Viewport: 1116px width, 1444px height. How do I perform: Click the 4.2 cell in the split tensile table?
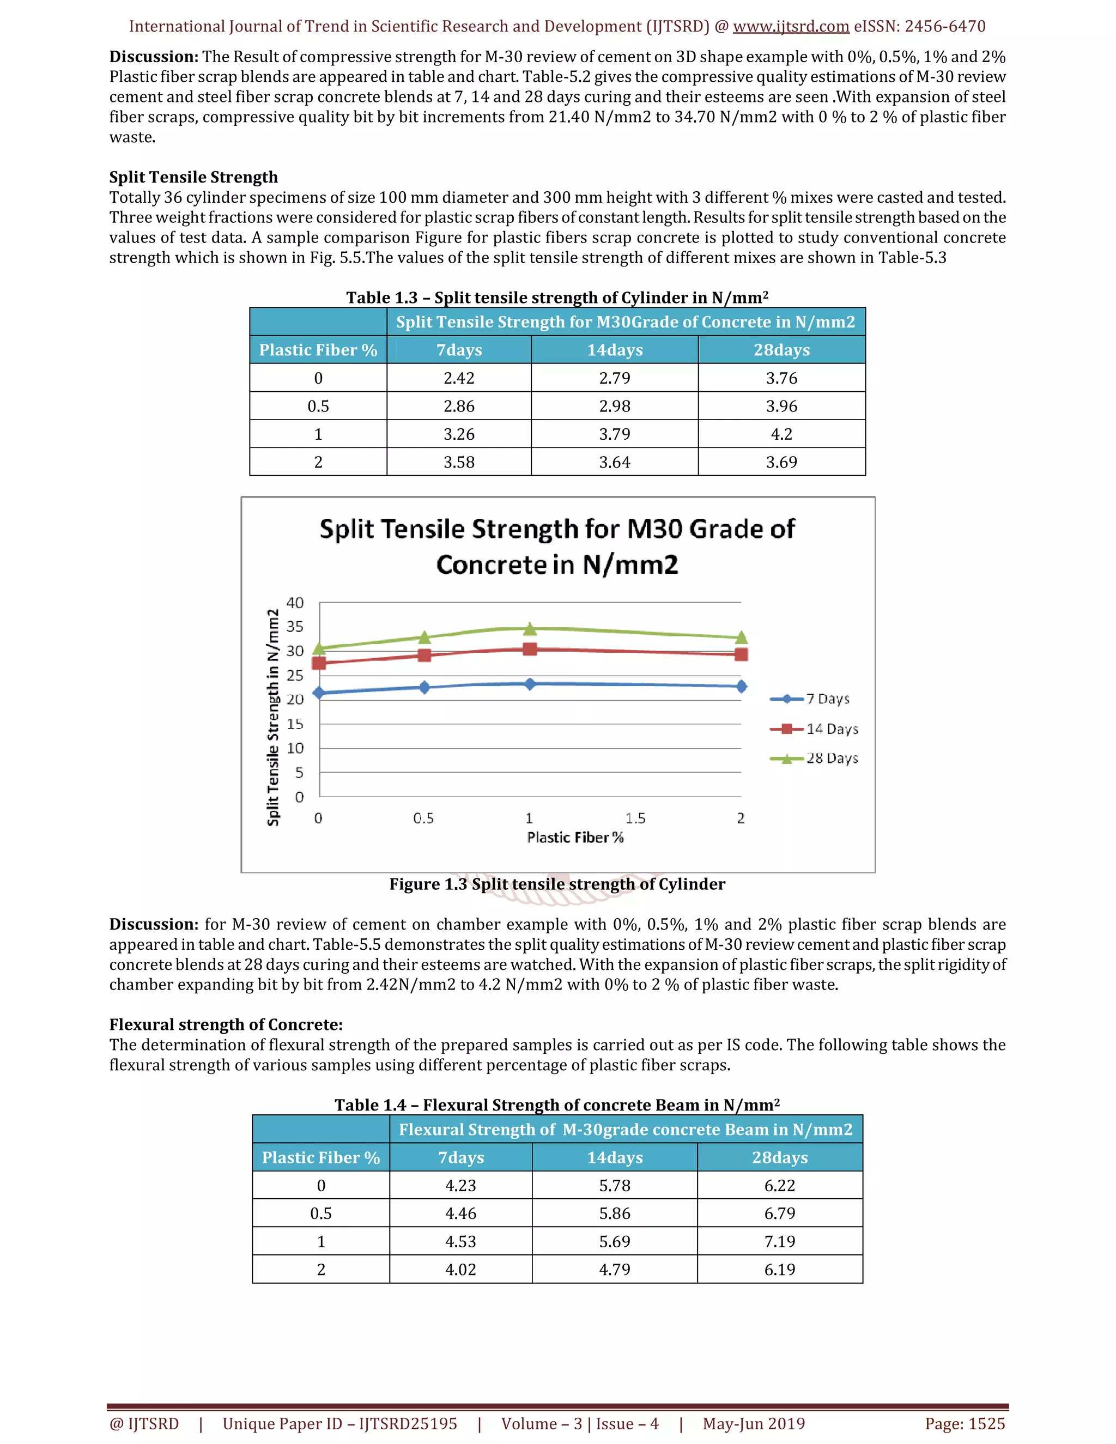[x=781, y=434]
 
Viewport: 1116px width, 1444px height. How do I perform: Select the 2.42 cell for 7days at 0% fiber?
[x=459, y=378]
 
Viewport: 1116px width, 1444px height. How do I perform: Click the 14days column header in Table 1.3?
[x=614, y=350]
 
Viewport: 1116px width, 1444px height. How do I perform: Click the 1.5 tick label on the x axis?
[x=635, y=818]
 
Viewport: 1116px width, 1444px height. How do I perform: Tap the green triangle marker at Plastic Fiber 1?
[x=530, y=628]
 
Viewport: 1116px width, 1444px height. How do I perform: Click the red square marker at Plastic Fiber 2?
[x=741, y=654]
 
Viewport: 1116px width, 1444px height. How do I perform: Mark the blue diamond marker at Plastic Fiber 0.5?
[x=424, y=687]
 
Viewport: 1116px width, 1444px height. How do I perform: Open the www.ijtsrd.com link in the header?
[x=791, y=27]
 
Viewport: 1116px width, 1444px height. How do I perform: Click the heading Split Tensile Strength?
[x=193, y=177]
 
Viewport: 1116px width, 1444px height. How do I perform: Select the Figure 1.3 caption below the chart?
[x=557, y=884]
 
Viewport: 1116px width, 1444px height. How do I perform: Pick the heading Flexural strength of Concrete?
[x=226, y=1024]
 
